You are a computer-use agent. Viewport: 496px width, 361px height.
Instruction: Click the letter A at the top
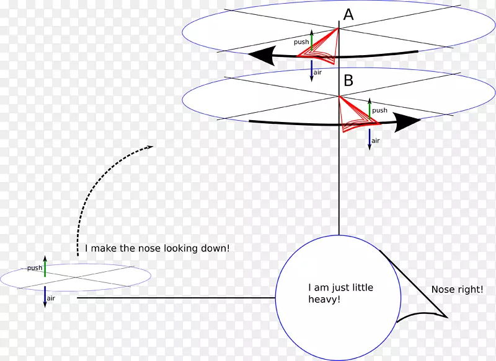pos(348,15)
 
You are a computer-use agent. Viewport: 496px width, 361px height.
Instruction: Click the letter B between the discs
pos(348,80)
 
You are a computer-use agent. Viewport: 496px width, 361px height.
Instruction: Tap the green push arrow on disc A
pos(312,40)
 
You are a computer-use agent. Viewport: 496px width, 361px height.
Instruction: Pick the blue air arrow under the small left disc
pos(45,297)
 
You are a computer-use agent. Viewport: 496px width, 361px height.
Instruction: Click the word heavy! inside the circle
pos(324,299)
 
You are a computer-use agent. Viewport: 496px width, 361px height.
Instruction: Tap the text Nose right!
pos(457,289)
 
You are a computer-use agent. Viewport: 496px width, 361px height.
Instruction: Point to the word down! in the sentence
pos(214,248)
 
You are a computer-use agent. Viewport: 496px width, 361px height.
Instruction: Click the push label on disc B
pos(379,110)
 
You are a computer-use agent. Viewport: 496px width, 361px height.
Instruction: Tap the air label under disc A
pos(317,72)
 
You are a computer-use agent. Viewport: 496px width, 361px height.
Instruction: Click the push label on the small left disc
pos(35,268)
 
